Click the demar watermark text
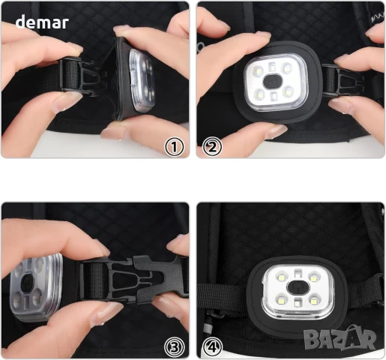(42, 22)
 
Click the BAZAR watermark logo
(340, 339)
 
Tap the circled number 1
(175, 147)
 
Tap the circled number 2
(212, 147)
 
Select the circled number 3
(175, 347)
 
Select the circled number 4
(212, 347)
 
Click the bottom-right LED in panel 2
(289, 92)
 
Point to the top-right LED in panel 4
(313, 277)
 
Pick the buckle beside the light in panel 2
(343, 80)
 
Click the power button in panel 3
(27, 283)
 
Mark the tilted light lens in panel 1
(142, 79)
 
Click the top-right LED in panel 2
(287, 68)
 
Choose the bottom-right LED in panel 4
(313, 300)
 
